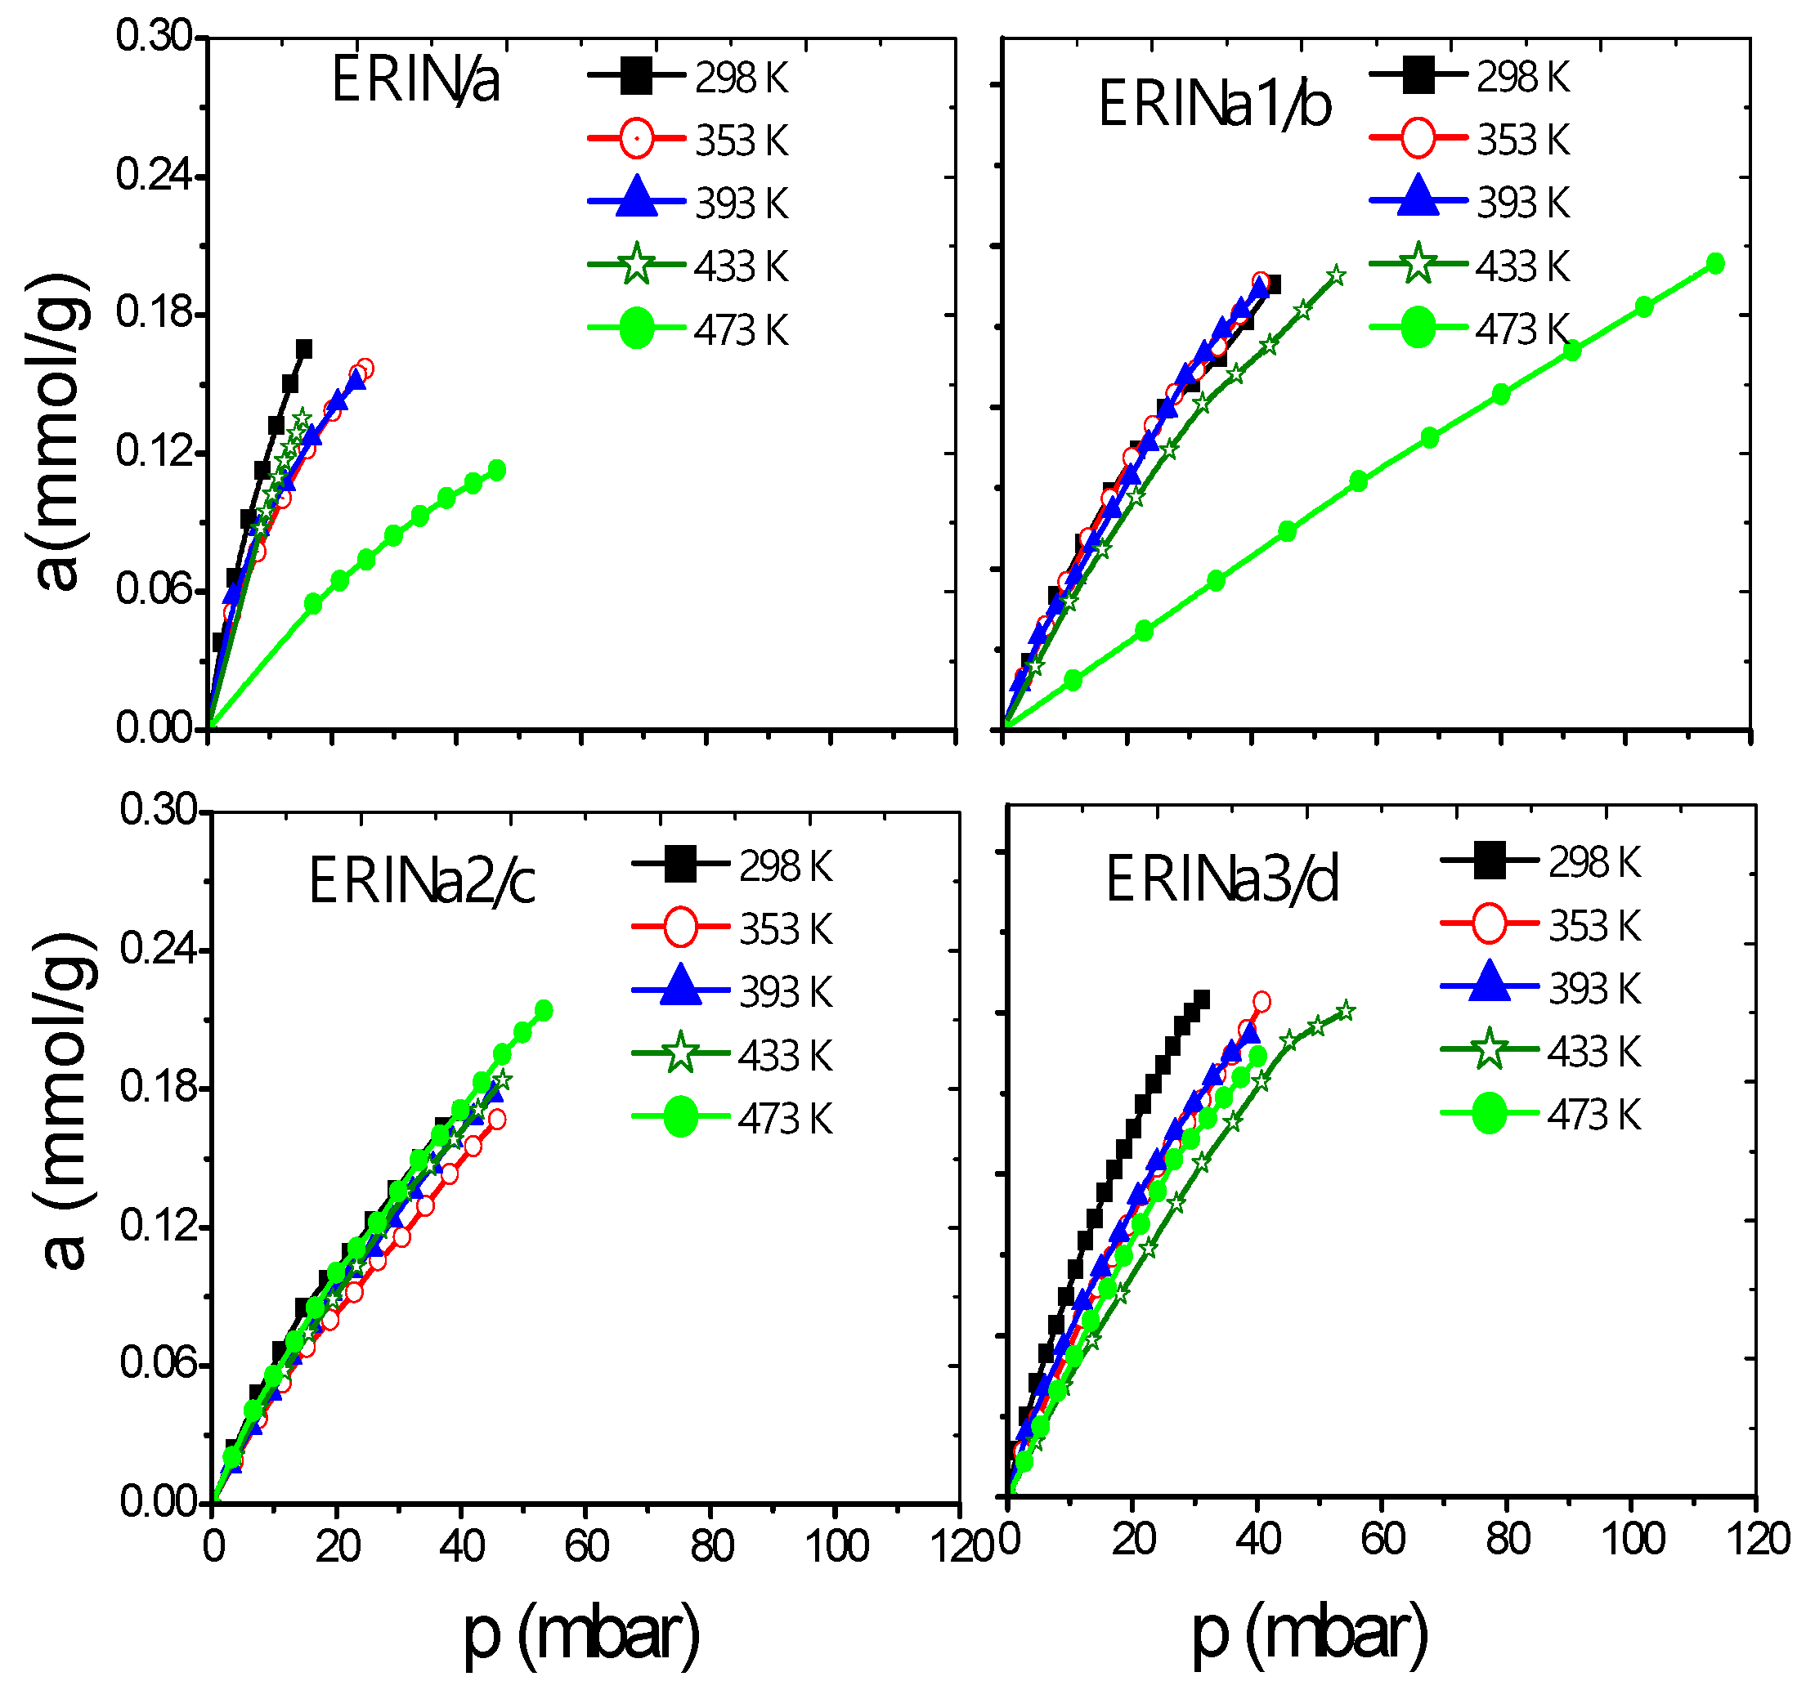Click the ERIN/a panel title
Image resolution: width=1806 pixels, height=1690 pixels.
click(x=415, y=80)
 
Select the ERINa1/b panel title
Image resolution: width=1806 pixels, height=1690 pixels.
click(x=1215, y=105)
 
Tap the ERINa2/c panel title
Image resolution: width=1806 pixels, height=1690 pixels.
click(x=422, y=881)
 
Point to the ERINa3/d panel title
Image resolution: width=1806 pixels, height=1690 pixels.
click(x=1222, y=879)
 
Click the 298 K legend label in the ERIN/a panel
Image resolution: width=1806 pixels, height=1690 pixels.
click(x=742, y=78)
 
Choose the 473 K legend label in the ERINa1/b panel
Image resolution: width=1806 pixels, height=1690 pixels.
click(x=1522, y=329)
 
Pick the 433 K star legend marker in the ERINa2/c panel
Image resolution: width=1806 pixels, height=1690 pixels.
click(x=680, y=1054)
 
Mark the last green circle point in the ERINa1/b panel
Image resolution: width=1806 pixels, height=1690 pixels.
click(x=1715, y=264)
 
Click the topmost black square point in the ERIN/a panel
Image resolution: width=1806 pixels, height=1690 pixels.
click(x=304, y=349)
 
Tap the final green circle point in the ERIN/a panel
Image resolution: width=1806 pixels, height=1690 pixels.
click(x=497, y=470)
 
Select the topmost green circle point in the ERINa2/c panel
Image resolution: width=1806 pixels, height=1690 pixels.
click(x=543, y=1010)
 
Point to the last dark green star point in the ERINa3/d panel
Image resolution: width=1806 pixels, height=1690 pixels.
click(x=1347, y=1011)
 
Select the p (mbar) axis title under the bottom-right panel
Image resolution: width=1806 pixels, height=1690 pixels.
click(x=1309, y=1632)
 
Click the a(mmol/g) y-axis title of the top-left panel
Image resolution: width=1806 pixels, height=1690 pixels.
click(x=58, y=431)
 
